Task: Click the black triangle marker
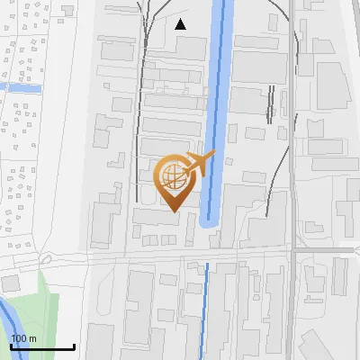(x=181, y=24)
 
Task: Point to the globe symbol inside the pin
(x=171, y=175)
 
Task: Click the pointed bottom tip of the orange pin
(x=172, y=211)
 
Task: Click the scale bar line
(x=42, y=346)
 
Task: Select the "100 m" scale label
(x=24, y=338)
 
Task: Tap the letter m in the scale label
(x=33, y=338)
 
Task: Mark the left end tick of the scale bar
(x=11, y=345)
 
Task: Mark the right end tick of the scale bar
(x=74, y=345)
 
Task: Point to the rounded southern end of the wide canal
(x=211, y=223)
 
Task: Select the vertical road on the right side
(x=293, y=135)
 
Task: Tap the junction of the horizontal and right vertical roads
(x=293, y=250)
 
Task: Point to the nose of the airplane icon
(x=214, y=156)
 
